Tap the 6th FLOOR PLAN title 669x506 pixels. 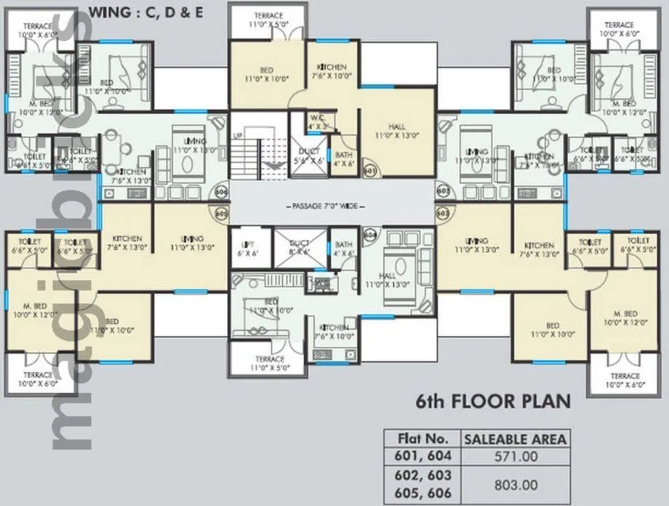pyautogui.click(x=492, y=401)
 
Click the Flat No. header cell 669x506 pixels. pyautogui.click(x=421, y=438)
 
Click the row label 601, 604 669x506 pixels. pyautogui.click(x=421, y=456)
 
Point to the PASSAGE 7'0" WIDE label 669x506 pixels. pyautogui.click(x=334, y=206)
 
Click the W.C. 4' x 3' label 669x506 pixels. pyautogui.click(x=316, y=121)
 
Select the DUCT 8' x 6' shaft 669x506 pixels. pyautogui.click(x=300, y=248)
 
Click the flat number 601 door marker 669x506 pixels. pyautogui.click(x=369, y=171)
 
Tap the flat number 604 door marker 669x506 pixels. pyautogui.click(x=369, y=236)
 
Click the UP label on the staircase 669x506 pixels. pyautogui.click(x=237, y=136)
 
